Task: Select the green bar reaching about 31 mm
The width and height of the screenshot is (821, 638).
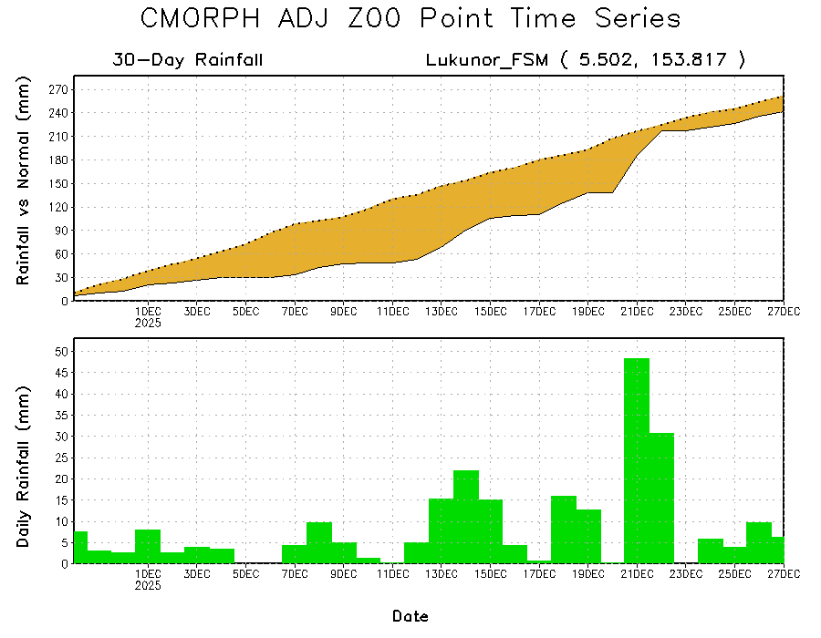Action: click(661, 498)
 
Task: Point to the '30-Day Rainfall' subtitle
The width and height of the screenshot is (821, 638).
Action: click(188, 61)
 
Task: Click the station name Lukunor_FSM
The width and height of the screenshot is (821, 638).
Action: click(487, 61)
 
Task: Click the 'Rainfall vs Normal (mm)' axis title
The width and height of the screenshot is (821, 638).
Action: click(25, 182)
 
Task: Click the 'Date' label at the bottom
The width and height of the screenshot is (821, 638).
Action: click(410, 617)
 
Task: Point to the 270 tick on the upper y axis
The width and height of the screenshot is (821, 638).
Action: click(60, 89)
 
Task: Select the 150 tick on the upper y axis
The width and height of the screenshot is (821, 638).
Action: click(60, 183)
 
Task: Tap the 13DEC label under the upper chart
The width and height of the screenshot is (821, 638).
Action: click(442, 312)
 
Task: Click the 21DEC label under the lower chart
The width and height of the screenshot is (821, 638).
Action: click(637, 574)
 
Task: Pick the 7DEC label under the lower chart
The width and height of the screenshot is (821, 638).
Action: click(295, 574)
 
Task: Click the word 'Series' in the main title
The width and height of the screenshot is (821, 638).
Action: click(636, 19)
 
